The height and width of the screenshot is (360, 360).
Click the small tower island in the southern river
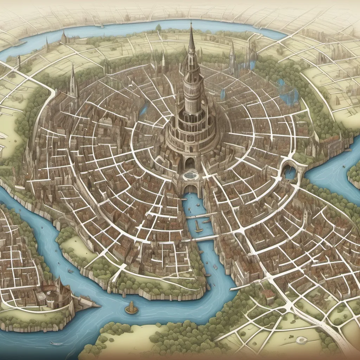(131, 308)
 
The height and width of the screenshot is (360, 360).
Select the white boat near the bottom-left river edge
(56, 343)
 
